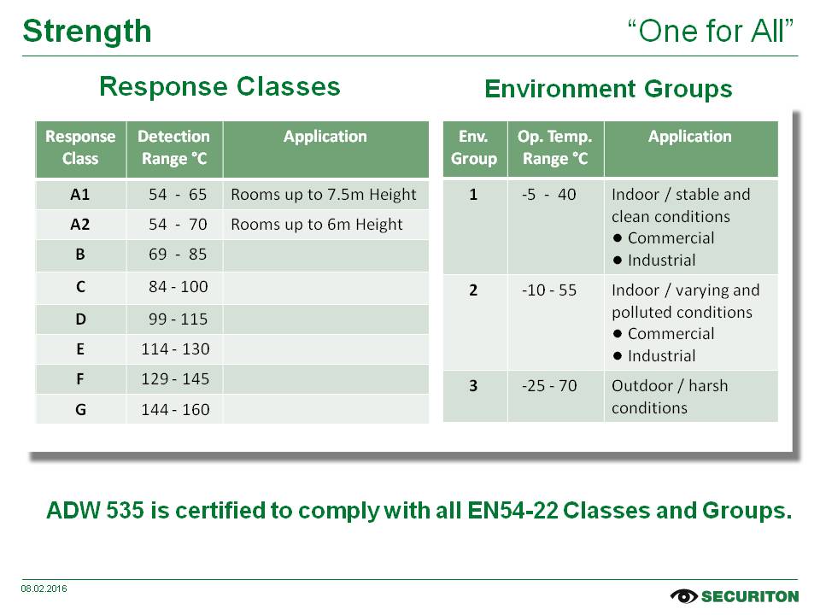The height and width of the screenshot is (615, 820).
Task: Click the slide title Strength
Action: point(87,32)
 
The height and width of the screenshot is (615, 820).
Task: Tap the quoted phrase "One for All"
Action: point(710,31)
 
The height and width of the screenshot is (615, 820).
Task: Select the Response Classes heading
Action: point(220,86)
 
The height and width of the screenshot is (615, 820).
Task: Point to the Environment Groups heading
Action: point(608,89)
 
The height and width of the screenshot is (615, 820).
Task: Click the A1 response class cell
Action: point(80,195)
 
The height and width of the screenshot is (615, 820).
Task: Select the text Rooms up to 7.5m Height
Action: point(324,195)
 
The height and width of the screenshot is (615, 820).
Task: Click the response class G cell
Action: point(80,409)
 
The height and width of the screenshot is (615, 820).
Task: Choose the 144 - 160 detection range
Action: point(175,409)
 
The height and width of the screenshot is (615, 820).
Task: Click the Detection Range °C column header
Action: point(173,148)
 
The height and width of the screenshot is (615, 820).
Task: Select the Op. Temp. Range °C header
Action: point(555,148)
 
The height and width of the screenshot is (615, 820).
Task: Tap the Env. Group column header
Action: point(474,148)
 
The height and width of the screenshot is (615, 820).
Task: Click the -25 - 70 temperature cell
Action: point(549,386)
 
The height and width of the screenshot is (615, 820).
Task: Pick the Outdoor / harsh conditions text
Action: point(670,397)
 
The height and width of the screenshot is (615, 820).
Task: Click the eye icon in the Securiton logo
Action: point(683,596)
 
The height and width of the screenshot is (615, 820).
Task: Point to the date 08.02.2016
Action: point(44,589)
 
